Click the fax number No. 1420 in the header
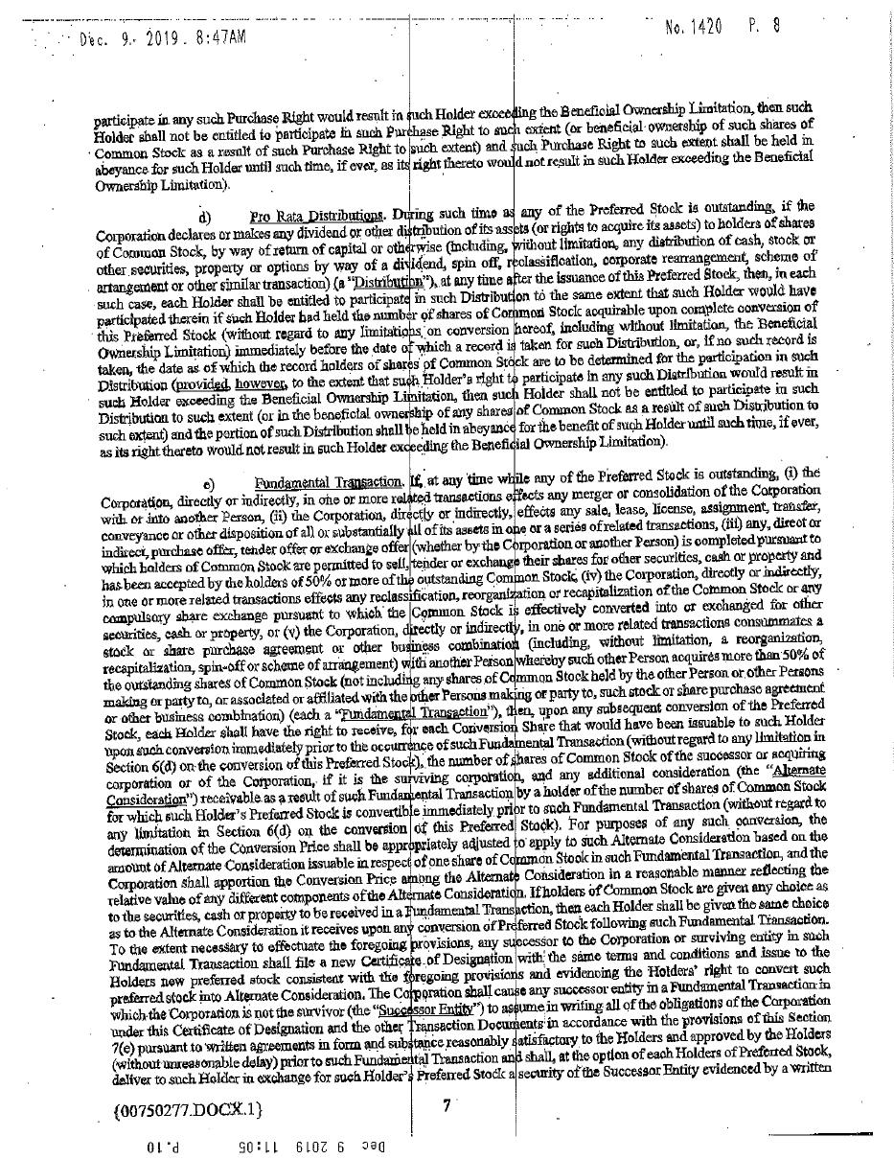(x=693, y=27)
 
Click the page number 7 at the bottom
(x=447, y=1104)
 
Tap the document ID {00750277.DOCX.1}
(x=186, y=1109)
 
